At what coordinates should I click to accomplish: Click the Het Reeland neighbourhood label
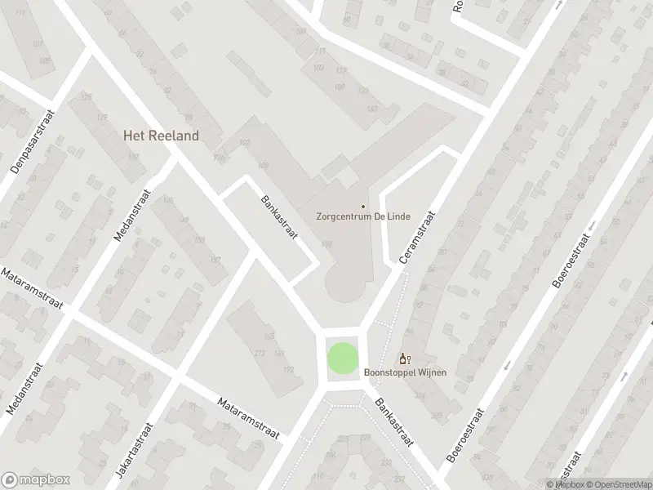click(161, 136)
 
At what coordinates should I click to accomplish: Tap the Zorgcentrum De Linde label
click(363, 217)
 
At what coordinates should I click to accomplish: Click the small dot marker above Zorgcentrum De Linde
click(363, 206)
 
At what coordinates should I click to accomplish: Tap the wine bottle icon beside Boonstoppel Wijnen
click(402, 359)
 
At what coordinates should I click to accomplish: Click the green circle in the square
click(342, 359)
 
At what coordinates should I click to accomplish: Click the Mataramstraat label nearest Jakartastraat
click(248, 417)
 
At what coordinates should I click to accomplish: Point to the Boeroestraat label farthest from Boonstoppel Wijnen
click(569, 263)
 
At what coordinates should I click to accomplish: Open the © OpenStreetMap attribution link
click(619, 484)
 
